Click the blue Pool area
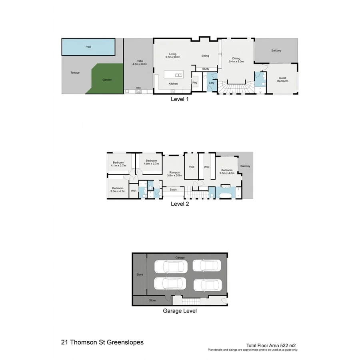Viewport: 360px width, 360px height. coord(88,47)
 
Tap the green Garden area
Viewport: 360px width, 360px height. coord(107,80)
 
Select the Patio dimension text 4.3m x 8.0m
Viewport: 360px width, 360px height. coord(140,64)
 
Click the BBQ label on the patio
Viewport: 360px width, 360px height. coord(138,88)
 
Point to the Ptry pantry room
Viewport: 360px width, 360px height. coord(195,83)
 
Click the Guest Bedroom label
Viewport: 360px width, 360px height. coord(283,79)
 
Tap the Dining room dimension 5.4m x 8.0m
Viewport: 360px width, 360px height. coord(234,62)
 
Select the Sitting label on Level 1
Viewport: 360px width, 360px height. coord(205,56)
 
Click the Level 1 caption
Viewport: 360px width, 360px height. coord(180,99)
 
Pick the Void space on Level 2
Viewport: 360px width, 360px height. coord(192,167)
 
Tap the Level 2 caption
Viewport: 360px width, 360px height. coord(180,204)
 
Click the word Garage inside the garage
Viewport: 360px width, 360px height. coord(180,258)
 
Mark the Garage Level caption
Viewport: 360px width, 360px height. coord(180,310)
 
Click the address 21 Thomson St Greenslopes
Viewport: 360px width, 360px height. coord(102,342)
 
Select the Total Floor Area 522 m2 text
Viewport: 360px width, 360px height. coord(271,345)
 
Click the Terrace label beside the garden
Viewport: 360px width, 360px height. coord(75,72)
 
